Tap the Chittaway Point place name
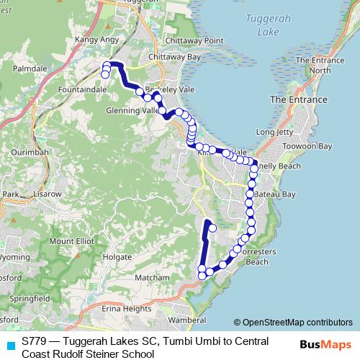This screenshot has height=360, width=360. pyautogui.click(x=190, y=41)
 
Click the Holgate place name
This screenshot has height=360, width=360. pyautogui.click(x=117, y=256)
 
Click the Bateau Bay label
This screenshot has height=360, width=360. pyautogui.click(x=276, y=194)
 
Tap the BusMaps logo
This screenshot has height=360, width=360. pyautogui.click(x=326, y=344)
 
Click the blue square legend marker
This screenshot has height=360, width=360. pyautogui.click(x=10, y=346)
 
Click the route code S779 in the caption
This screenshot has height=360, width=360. pyautogui.click(x=35, y=341)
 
